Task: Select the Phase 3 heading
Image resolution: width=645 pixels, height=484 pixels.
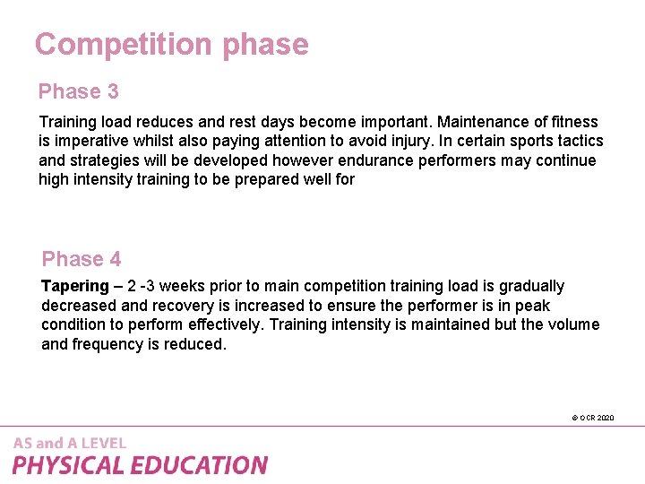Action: (78, 91)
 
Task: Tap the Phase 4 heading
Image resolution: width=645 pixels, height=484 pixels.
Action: (82, 259)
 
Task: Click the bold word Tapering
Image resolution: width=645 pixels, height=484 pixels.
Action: (75, 286)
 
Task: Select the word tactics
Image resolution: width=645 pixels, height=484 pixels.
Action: (580, 141)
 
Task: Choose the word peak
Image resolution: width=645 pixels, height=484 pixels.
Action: (533, 306)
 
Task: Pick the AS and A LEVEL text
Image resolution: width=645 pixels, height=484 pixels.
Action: (70, 443)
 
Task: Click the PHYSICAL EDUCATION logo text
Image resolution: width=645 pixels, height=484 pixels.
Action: (140, 465)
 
